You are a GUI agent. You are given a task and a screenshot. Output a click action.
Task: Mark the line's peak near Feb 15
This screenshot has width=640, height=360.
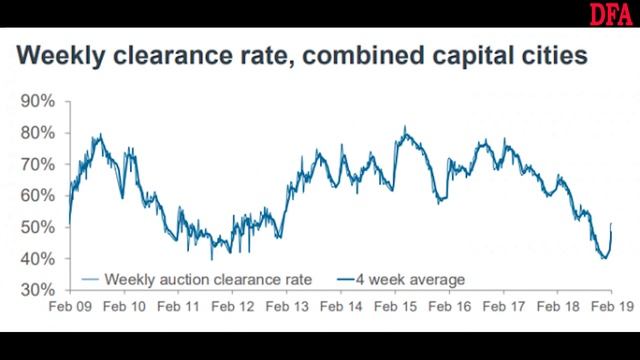pyautogui.click(x=404, y=128)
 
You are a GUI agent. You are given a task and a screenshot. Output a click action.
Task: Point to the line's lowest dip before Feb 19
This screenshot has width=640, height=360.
pyautogui.click(x=604, y=258)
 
